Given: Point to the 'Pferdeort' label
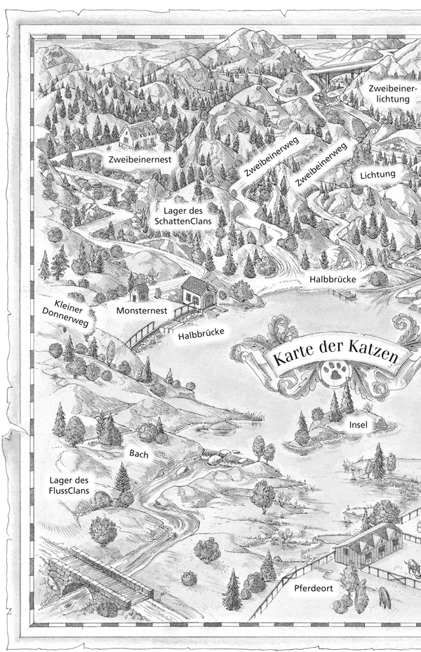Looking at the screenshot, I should (x=313, y=588).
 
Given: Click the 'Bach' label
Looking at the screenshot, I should (x=138, y=454).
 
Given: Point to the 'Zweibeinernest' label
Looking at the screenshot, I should (x=140, y=160).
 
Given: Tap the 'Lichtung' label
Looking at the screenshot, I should (x=378, y=174).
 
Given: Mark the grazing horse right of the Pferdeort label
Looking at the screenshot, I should (x=385, y=597).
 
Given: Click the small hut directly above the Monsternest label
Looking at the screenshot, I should (x=139, y=289).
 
